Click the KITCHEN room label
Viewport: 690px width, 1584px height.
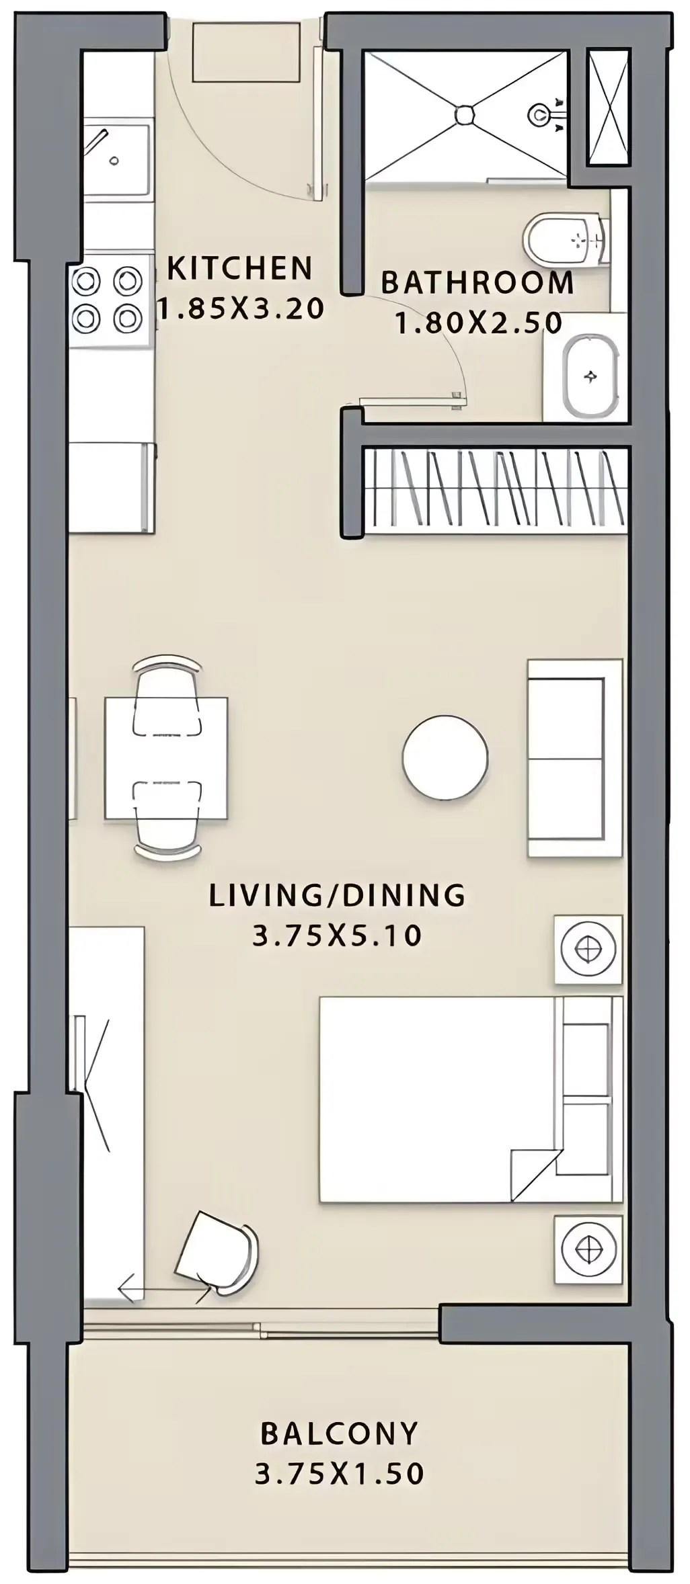point(239,268)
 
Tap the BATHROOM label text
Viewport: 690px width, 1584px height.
point(477,282)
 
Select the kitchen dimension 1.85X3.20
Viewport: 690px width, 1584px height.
point(241,308)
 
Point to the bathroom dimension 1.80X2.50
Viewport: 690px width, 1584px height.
point(478,323)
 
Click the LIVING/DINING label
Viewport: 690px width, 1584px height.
point(337,895)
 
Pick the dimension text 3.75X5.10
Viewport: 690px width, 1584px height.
point(337,935)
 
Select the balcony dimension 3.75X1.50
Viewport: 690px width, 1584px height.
point(340,1474)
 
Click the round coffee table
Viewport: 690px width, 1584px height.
point(445,757)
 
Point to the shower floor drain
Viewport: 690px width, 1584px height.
point(464,114)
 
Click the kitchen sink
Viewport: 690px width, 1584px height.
point(117,160)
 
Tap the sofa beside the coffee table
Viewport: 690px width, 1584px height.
point(575,758)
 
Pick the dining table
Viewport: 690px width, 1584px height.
point(166,759)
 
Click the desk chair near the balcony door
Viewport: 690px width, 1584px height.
point(217,1251)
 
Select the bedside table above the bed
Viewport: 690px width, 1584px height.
point(588,949)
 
